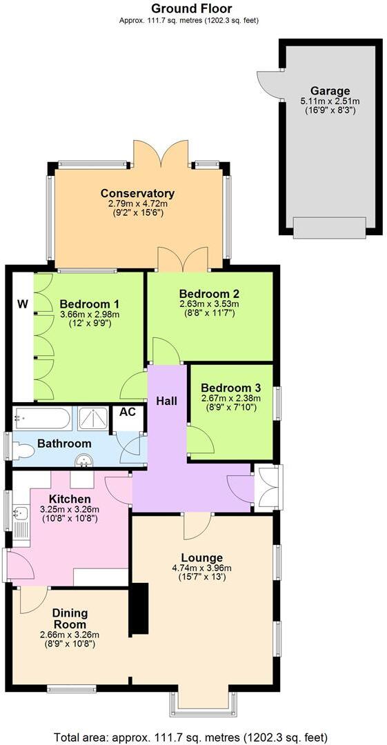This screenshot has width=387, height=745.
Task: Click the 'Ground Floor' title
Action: (x=191, y=8)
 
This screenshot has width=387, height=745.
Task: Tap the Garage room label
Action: (x=330, y=90)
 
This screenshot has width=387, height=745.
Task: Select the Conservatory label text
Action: (x=137, y=193)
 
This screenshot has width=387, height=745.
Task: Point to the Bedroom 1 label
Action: (x=89, y=304)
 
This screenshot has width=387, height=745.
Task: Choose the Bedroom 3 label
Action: (x=230, y=386)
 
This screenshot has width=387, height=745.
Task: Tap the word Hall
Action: (x=167, y=401)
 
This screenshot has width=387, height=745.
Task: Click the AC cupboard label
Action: (x=128, y=411)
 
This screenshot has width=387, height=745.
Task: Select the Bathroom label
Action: (x=64, y=444)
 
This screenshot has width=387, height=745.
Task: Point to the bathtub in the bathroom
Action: (x=42, y=418)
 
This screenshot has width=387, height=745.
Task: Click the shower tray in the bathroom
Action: (x=92, y=418)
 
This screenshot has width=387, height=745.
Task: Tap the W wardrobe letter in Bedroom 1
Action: (x=23, y=304)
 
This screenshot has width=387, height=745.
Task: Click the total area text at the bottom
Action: (x=191, y=736)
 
